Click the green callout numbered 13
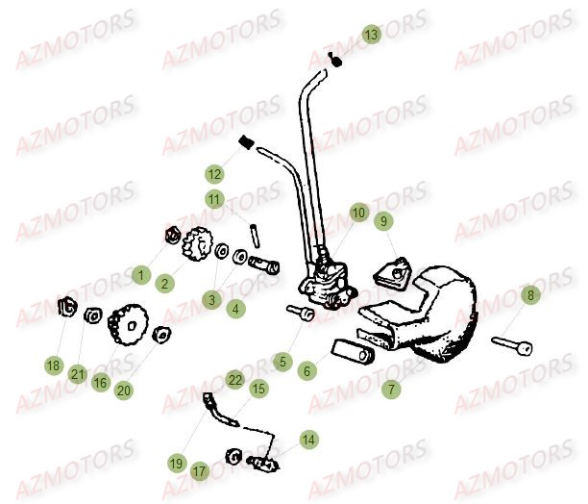tap(371, 35)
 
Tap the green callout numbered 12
tap(213, 175)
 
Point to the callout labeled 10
tap(358, 213)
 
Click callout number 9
tap(382, 222)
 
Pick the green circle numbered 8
tap(529, 296)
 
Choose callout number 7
tap(389, 390)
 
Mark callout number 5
tap(282, 362)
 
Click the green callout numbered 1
tap(141, 276)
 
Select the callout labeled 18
tap(53, 365)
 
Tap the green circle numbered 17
tap(199, 471)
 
